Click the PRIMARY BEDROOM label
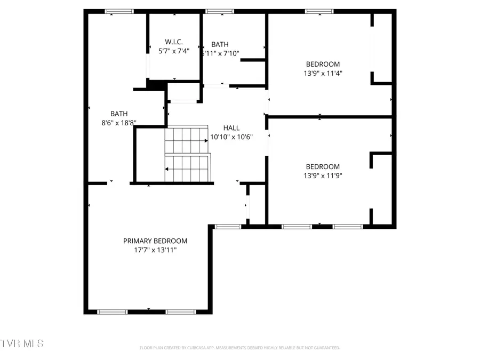(155, 241)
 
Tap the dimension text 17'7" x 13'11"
(155, 250)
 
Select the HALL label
(231, 128)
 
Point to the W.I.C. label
(174, 42)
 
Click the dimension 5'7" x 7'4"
(174, 51)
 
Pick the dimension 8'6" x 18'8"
(119, 123)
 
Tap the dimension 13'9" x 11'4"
(323, 73)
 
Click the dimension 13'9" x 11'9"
(323, 175)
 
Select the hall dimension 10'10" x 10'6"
(231, 137)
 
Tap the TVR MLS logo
(22, 343)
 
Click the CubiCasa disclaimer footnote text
(239, 348)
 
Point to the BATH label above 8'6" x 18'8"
(119, 114)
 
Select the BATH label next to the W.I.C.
(220, 44)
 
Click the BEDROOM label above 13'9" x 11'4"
(323, 64)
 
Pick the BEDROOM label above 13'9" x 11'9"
(323, 166)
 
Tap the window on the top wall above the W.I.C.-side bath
(219, 11)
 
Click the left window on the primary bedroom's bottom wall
(113, 311)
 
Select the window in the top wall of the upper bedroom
(319, 11)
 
